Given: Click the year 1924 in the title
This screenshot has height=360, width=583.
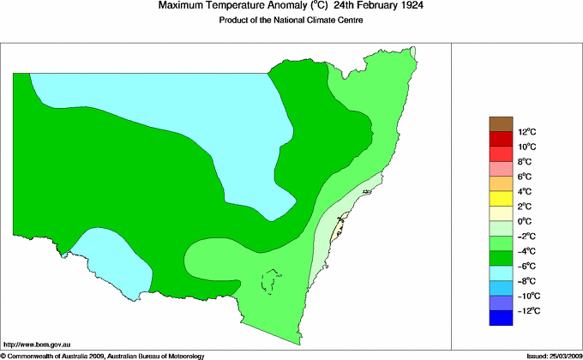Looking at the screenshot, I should (411, 6).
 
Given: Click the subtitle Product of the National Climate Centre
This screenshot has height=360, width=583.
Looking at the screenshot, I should (291, 20).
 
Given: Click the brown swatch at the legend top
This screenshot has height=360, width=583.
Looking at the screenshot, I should (500, 124).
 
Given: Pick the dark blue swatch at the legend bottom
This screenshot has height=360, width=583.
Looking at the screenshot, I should (500, 318).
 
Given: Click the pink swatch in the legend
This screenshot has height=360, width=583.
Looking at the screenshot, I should (500, 169).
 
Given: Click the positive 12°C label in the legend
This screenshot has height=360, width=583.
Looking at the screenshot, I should (526, 132).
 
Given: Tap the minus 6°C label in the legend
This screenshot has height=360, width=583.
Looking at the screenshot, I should (526, 266).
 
